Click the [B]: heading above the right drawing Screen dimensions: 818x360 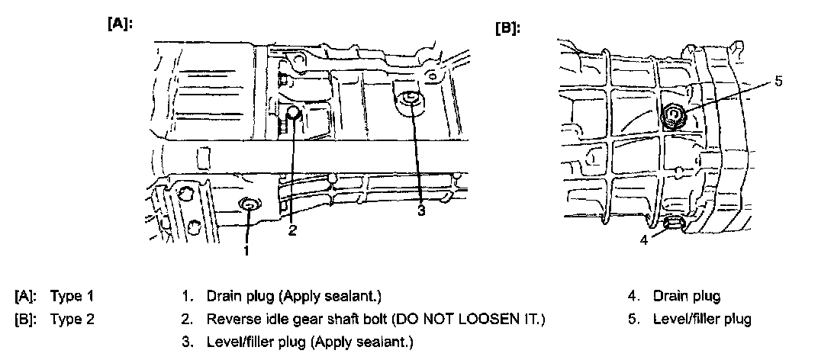tap(507, 28)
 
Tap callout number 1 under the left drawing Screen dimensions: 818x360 tap(246, 249)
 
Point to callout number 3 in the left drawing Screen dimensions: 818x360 tap(420, 211)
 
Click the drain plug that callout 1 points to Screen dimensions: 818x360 tap(249, 204)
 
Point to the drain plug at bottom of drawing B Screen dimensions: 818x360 tap(672, 223)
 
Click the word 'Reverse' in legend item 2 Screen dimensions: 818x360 tap(230, 319)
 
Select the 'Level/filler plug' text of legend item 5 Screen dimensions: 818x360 tap(702, 319)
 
